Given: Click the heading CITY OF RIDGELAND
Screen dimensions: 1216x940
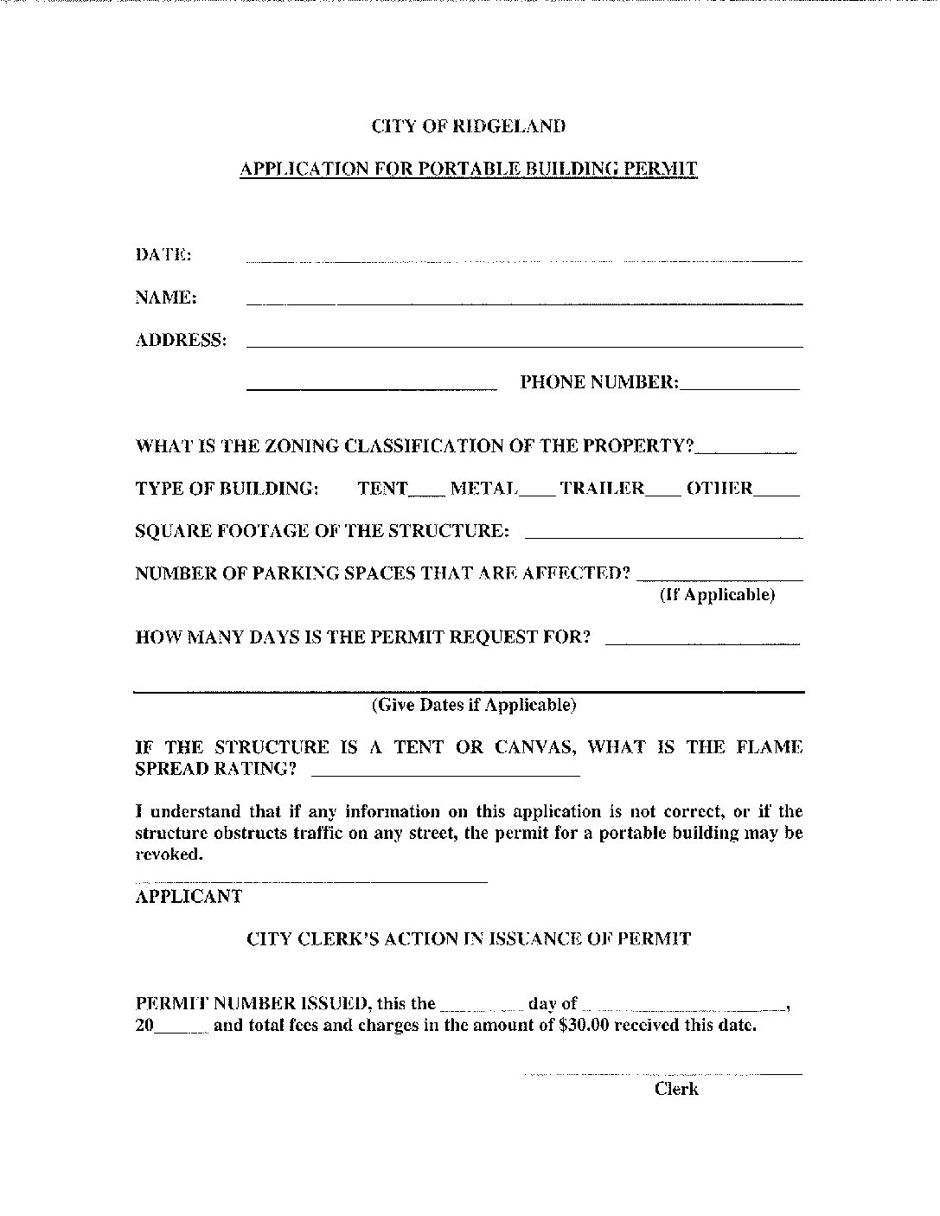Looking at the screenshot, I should tap(469, 126).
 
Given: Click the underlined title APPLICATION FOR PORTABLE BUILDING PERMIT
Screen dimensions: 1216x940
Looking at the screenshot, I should tap(468, 169).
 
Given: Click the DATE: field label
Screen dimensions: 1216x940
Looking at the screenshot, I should tap(163, 254).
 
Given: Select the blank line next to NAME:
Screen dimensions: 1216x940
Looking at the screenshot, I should tap(524, 302).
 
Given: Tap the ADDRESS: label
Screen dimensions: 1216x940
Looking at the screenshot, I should tap(181, 340).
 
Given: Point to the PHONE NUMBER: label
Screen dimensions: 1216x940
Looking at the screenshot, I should tap(599, 382).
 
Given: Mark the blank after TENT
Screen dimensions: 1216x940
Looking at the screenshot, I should tap(426, 494).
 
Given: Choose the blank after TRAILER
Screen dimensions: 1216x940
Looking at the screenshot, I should tap(662, 494).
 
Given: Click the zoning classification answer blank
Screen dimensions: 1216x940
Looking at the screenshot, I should tap(745, 451).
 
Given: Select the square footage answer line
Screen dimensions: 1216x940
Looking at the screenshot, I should tap(663, 536).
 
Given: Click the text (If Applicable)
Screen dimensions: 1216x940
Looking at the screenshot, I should tap(717, 595).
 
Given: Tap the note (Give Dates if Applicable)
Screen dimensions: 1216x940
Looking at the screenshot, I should tap(474, 705).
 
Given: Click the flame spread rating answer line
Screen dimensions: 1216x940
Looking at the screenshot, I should tap(444, 775).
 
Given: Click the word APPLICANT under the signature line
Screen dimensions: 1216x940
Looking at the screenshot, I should tap(189, 897).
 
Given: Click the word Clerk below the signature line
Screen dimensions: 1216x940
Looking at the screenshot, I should tap(676, 1089).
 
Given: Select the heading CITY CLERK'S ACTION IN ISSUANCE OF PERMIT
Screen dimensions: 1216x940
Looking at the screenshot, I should tap(469, 939).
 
